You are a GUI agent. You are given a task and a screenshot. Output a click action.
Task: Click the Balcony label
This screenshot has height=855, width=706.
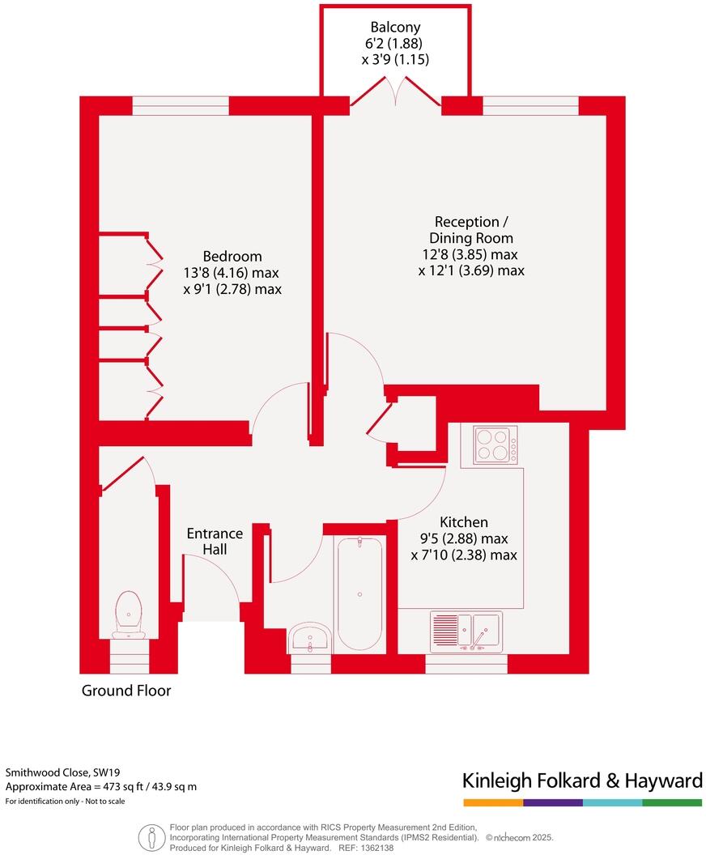tap(395, 27)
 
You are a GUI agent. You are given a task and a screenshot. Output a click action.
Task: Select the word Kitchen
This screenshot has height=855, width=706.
tap(463, 522)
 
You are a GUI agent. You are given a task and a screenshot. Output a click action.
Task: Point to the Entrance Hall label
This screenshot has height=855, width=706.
tap(215, 541)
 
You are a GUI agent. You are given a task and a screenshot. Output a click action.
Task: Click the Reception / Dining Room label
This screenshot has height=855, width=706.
tap(472, 230)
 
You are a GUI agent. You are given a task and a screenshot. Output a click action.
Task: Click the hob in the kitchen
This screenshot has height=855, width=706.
tap(495, 445)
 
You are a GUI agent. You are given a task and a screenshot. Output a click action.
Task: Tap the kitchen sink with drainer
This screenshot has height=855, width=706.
tap(466, 632)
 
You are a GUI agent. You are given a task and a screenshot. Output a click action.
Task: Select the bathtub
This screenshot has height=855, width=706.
tap(359, 593)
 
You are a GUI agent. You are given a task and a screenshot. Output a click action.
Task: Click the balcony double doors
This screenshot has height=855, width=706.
tap(395, 91)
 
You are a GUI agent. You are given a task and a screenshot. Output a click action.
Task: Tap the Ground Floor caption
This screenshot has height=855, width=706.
tap(125, 691)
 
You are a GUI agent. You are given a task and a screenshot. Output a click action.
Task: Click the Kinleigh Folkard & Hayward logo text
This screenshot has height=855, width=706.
tap(581, 781)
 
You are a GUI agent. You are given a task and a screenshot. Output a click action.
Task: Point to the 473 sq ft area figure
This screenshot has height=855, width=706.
tap(113, 786)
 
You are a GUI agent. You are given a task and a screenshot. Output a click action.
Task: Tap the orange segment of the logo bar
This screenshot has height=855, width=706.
tap(493, 802)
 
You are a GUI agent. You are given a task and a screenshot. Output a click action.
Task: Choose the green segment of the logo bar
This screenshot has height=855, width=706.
tap(672, 802)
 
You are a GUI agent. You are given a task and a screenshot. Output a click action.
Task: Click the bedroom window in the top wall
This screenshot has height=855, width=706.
tap(181, 105)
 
